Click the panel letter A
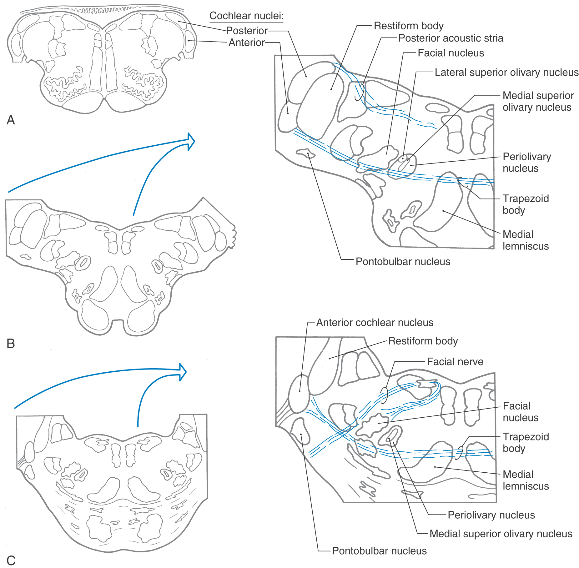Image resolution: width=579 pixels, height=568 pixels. pos(11,120)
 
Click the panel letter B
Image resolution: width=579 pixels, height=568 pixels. pos(11,344)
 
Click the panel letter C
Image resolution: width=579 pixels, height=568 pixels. pos(11,560)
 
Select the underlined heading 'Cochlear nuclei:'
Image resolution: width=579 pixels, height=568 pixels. pos(246,16)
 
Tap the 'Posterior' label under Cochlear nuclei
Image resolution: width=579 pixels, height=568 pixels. pos(247,31)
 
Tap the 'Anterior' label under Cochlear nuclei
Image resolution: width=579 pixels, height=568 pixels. pos(247,43)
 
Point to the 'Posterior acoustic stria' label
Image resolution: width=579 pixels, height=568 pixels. pos(451,38)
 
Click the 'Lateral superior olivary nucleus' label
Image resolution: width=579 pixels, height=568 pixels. pos(507,73)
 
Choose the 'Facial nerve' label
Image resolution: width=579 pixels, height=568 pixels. pos(455,362)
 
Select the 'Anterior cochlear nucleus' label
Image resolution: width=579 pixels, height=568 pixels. pos(375,323)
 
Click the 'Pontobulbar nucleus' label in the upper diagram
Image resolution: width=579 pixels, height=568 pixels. pos(403,262)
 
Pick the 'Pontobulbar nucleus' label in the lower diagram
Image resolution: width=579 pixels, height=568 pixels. pos(379,551)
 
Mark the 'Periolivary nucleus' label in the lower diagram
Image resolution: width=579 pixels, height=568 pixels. pos(491,515)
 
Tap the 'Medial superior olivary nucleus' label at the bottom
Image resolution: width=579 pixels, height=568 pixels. pos(501,534)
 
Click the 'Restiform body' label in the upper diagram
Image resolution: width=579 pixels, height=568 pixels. pos(409,26)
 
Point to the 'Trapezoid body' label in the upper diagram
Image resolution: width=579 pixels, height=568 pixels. pos(526,204)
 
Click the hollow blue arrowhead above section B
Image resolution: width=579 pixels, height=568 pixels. pos(191,142)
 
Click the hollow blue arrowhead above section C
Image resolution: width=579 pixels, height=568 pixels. pos(183,372)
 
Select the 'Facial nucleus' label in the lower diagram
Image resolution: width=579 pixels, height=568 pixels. pos(521,412)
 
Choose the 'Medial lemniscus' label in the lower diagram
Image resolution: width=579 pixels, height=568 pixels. pos(526,480)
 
